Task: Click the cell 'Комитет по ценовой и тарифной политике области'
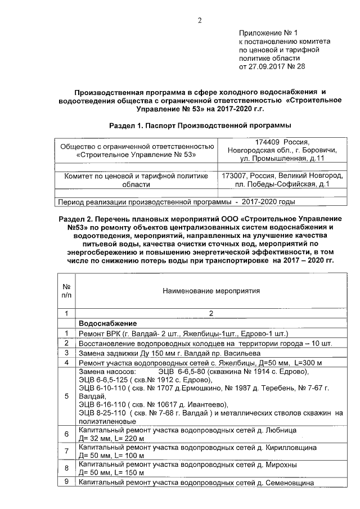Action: [136, 179]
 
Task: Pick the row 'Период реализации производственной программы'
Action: [141, 201]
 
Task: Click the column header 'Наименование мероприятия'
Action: [211, 291]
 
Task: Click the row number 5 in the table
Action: [66, 396]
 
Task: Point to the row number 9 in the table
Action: [66, 483]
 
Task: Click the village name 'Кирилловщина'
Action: [290, 448]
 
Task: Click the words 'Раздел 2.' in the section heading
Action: [75, 218]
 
